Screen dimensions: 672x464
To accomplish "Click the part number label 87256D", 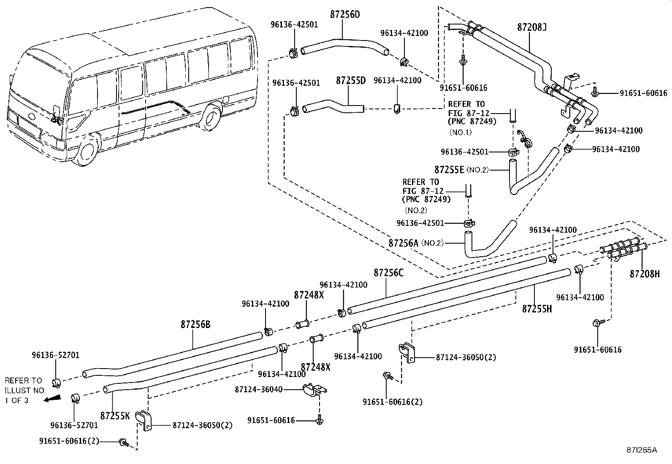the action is click(x=345, y=14).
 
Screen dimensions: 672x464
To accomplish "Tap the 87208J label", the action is click(x=532, y=27).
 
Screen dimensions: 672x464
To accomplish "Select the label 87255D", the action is click(x=351, y=81).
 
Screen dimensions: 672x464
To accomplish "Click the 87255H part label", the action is click(x=537, y=309).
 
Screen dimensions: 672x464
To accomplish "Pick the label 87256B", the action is click(x=195, y=324).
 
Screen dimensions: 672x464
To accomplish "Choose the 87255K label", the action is click(x=115, y=416).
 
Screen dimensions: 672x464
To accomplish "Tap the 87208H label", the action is click(x=645, y=274).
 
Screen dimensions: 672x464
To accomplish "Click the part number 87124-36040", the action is click(x=259, y=389).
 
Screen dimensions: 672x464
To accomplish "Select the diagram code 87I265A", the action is click(x=642, y=450).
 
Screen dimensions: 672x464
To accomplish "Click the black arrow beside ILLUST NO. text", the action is click(x=52, y=398).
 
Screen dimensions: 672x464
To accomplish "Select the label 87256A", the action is click(x=403, y=243).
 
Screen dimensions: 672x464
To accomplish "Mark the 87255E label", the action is click(x=449, y=170).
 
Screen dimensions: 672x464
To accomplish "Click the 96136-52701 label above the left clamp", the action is click(x=56, y=355).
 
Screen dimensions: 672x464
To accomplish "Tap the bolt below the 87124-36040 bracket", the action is click(x=320, y=420).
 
